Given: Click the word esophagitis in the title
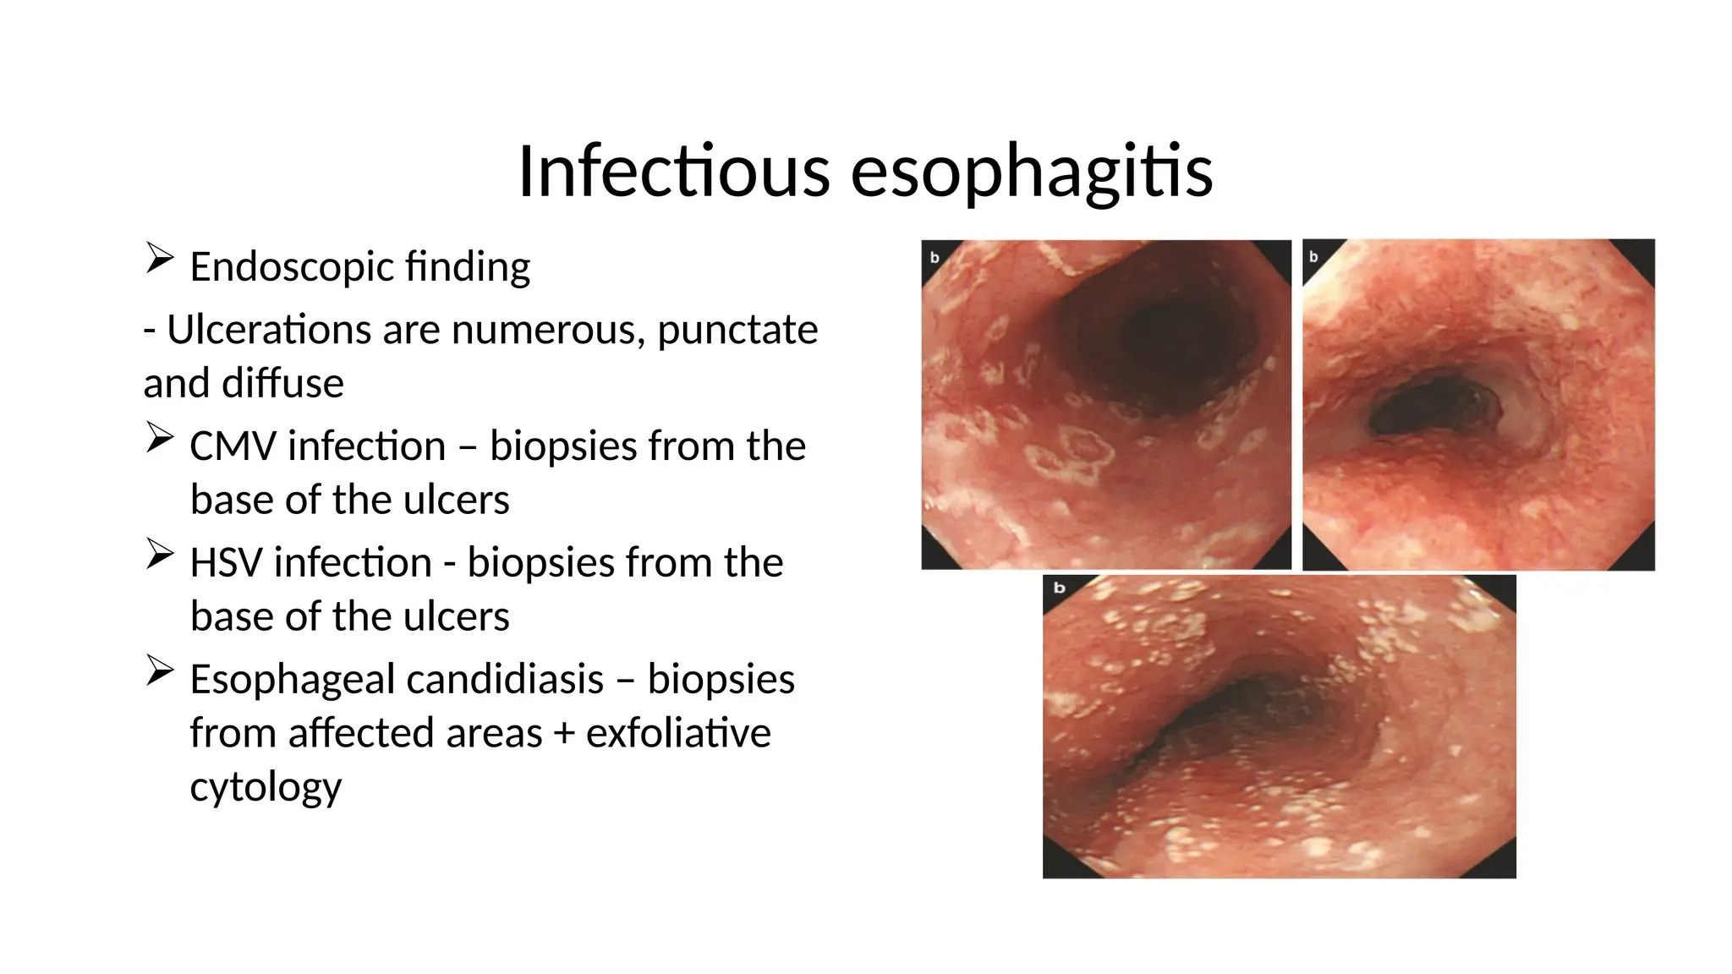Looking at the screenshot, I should click(1032, 173).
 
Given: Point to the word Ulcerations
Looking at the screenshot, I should click(268, 330).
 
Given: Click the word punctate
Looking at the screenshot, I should click(737, 330).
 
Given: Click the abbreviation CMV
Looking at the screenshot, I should click(233, 446).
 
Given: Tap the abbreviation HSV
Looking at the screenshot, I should click(226, 563).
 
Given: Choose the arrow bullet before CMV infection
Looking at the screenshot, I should click(159, 437).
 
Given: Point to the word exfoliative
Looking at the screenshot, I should click(678, 733).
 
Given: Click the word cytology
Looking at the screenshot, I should click(266, 787).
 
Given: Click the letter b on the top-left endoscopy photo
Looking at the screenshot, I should click(935, 257).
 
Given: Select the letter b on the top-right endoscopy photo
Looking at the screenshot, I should click(1313, 256).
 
